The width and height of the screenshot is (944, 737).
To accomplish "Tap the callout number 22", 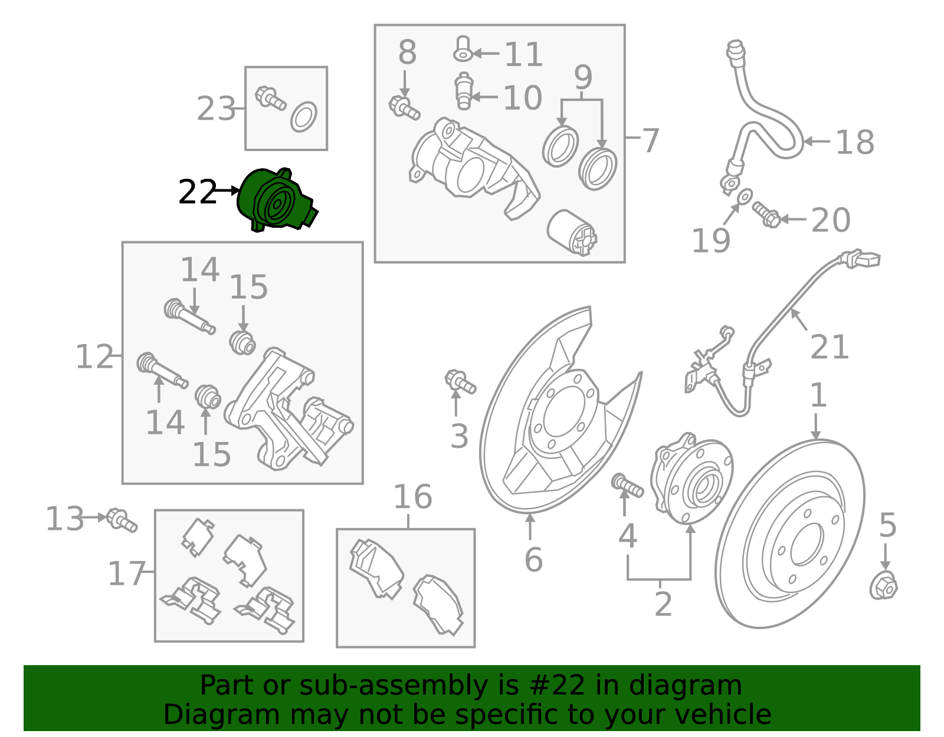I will [197, 192].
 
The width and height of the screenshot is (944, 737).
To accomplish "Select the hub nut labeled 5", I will [883, 587].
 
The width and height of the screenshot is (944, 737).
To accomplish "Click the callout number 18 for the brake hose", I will [855, 142].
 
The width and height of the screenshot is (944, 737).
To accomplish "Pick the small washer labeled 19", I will [745, 195].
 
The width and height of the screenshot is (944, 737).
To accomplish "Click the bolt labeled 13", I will [123, 520].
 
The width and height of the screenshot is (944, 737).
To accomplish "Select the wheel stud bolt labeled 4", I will [628, 485].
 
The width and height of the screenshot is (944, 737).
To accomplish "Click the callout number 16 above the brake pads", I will [412, 497].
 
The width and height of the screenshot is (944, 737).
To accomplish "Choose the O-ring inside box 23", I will [304, 116].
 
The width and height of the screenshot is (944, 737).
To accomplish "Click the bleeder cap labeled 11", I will [463, 49].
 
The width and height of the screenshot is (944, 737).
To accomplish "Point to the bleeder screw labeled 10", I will [464, 91].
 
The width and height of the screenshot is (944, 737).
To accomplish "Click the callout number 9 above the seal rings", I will [583, 77].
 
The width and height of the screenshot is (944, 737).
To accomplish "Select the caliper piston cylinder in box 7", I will [572, 232].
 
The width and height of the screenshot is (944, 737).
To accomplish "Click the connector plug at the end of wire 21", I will [863, 259].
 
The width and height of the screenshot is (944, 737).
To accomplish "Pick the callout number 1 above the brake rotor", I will [818, 395].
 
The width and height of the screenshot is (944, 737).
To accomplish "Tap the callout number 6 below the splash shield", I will [533, 559].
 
